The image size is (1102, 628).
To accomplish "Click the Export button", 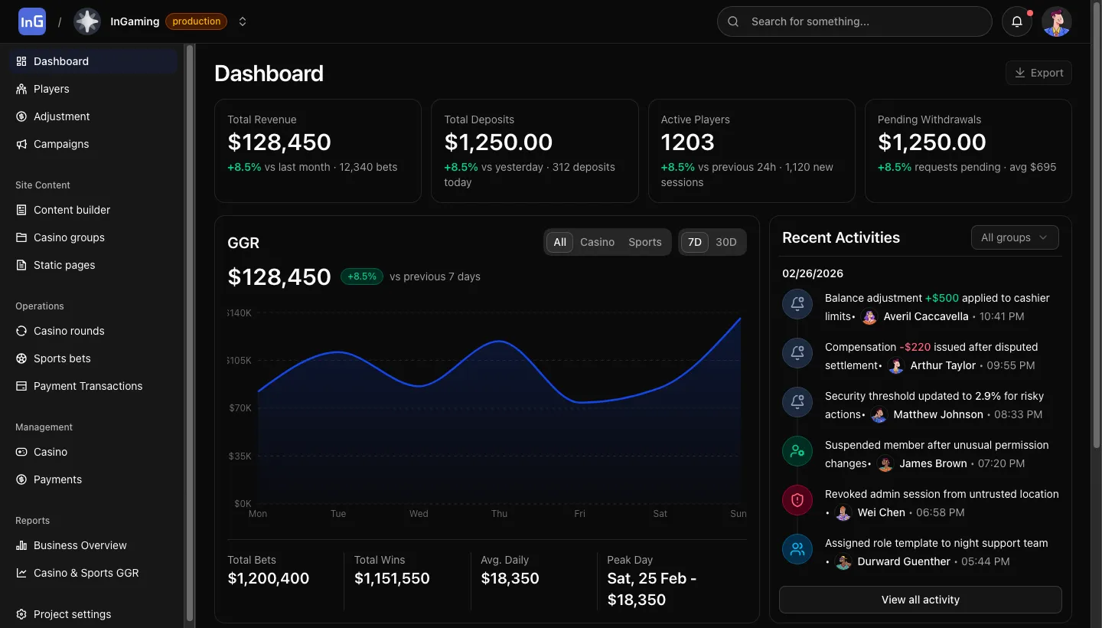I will [x=1038, y=73].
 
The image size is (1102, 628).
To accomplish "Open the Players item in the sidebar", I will [x=51, y=89].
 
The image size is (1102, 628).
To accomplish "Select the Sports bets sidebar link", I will [x=62, y=358].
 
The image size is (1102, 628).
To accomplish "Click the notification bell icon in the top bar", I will [x=1017, y=21].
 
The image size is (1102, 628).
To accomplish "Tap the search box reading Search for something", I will [x=854, y=21].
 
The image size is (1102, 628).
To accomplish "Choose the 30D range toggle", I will [x=725, y=242].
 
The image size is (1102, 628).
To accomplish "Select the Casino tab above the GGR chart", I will [x=597, y=242].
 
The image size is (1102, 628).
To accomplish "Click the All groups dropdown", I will [x=1014, y=237].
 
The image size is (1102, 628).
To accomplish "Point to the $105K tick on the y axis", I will [x=240, y=360].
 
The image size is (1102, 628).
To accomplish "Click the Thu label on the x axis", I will [x=499, y=514].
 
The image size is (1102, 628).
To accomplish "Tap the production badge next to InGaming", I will [x=197, y=21].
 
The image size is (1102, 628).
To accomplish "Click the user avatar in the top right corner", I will [x=1057, y=21].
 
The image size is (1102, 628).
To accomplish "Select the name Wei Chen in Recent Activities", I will [x=881, y=512].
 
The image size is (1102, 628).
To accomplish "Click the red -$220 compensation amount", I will [x=917, y=347].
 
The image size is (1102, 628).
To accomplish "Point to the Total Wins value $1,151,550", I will [x=392, y=578].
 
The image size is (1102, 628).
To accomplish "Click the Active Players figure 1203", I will [x=687, y=142].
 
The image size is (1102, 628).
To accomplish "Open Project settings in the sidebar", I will [x=72, y=614].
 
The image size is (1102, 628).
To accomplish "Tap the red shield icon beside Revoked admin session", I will [x=797, y=500].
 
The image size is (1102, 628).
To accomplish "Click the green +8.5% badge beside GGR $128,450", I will [x=361, y=276].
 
